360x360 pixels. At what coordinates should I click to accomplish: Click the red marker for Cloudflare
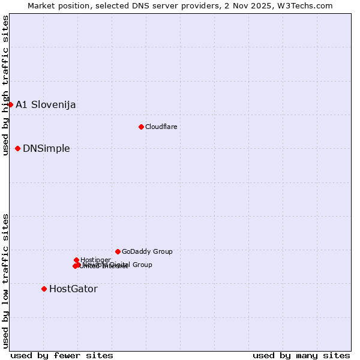[x=141, y=127]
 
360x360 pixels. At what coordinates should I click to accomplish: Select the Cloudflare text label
[x=161, y=127]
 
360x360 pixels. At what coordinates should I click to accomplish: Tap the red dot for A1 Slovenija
[x=10, y=104]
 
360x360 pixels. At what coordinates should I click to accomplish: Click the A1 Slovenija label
[x=46, y=104]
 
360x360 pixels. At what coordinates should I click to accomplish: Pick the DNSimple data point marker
[x=17, y=148]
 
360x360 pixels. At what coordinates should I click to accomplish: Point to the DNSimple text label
[x=46, y=149]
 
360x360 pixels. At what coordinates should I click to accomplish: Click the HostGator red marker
[x=44, y=289]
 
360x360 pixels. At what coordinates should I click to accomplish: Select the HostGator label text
[x=73, y=289]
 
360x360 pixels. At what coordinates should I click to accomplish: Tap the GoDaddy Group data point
[x=118, y=251]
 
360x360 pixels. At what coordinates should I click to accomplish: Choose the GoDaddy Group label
[x=147, y=252]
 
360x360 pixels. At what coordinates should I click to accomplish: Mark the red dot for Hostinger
[x=76, y=260]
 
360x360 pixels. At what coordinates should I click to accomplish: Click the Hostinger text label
[x=95, y=259]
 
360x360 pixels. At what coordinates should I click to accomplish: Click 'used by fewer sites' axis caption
[x=62, y=355]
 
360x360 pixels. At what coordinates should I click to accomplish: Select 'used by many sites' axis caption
[x=301, y=355]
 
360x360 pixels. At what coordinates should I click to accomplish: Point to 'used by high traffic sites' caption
[x=6, y=85]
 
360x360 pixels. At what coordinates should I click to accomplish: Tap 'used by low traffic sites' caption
[x=6, y=281]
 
